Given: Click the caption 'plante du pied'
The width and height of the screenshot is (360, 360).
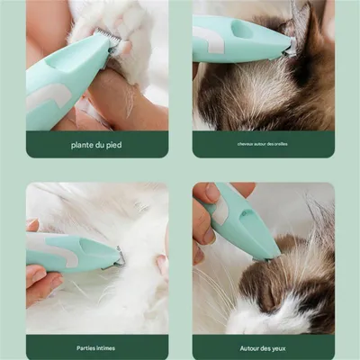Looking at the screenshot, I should click(96, 144).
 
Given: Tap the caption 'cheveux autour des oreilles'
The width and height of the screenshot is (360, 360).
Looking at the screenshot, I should click(263, 144).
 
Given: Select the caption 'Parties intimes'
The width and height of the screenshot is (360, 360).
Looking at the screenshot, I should click(96, 346).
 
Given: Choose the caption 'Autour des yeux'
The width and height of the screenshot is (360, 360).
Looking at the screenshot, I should click(263, 346).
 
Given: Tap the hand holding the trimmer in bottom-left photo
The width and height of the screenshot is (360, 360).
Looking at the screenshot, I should click(40, 279).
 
